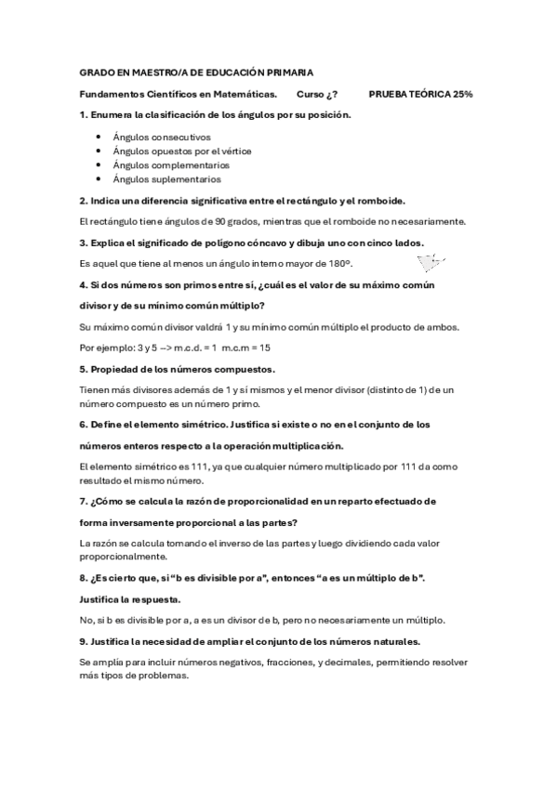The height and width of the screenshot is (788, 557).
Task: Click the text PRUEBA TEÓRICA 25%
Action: (x=420, y=94)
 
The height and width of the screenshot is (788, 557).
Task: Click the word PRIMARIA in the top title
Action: (x=287, y=72)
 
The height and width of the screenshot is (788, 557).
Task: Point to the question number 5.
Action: (x=83, y=369)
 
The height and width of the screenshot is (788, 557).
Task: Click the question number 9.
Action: (x=83, y=641)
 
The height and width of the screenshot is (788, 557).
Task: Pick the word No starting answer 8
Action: (x=86, y=620)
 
